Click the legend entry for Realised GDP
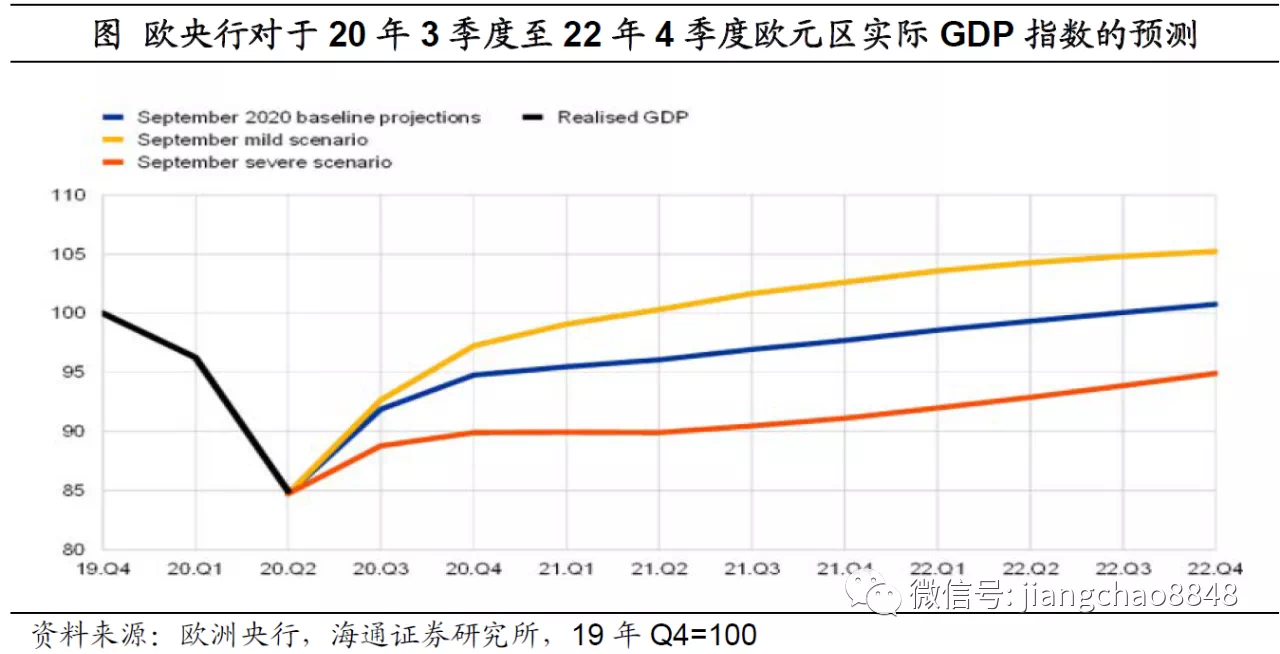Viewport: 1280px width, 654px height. pos(622,117)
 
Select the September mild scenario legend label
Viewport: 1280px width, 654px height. pos(252,140)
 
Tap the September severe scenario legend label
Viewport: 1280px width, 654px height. pos(264,162)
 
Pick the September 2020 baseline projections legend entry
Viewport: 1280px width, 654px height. pos(308,117)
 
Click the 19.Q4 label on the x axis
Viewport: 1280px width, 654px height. pos(104,569)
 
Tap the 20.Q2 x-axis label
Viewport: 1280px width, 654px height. pos(289,569)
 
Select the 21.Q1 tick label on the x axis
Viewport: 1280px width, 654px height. pos(568,569)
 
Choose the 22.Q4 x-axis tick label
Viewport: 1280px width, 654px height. pos(1216,569)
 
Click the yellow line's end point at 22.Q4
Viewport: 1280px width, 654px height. pos(1216,251)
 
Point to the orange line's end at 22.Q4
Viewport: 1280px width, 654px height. pos(1216,373)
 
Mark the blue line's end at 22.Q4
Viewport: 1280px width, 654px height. pos(1216,303)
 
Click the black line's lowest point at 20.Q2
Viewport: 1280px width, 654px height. pos(289,492)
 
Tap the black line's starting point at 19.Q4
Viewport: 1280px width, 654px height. pos(104,313)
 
